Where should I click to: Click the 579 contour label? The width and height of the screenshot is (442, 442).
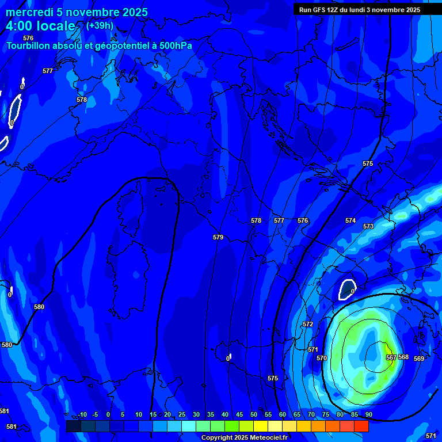tap(218, 237)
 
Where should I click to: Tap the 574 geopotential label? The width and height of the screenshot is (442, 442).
tap(350, 220)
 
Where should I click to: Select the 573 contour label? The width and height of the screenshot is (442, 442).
tap(368, 226)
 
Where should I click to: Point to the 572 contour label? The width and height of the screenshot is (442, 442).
tap(308, 324)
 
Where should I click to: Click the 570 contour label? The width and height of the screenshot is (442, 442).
tap(322, 358)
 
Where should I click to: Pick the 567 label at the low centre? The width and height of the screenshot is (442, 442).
tap(391, 357)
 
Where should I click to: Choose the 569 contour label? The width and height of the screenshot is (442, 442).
tap(419, 359)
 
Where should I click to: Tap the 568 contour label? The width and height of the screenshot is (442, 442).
tap(403, 357)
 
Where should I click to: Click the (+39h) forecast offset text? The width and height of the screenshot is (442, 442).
tap(100, 25)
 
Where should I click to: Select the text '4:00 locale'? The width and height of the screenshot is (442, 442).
tap(40, 26)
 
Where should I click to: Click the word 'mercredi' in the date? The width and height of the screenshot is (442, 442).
tap(29, 12)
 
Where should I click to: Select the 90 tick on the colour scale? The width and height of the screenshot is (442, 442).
tap(368, 414)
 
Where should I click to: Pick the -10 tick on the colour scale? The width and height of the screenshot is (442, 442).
tap(82, 414)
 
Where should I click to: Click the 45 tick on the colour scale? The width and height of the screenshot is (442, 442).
tap(239, 414)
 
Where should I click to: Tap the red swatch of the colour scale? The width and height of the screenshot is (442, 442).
tap(361, 426)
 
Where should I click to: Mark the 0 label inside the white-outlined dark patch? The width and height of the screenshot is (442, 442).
tap(352, 291)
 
